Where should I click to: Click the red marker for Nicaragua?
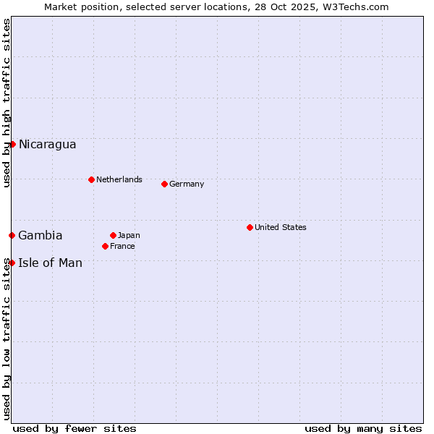click(x=12, y=144)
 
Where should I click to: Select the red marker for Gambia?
click(x=12, y=235)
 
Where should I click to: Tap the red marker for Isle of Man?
click(x=12, y=263)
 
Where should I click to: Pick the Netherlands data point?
click(x=91, y=179)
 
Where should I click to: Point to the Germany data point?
click(x=164, y=184)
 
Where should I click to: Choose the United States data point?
click(x=250, y=227)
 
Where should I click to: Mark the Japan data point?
click(x=113, y=235)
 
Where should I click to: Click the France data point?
click(x=106, y=246)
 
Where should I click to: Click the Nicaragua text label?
click(x=47, y=145)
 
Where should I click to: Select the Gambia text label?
click(x=41, y=236)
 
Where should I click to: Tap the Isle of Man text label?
click(x=50, y=263)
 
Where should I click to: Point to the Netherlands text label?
click(x=119, y=179)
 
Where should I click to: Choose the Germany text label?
click(x=187, y=184)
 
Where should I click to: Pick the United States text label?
click(x=281, y=227)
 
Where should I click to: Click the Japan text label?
click(x=129, y=235)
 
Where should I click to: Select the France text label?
click(x=122, y=246)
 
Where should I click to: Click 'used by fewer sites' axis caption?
click(x=75, y=428)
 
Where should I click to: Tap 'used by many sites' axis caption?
click(x=363, y=428)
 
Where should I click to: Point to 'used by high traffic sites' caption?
click(x=7, y=103)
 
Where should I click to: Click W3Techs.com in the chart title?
click(x=355, y=7)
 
